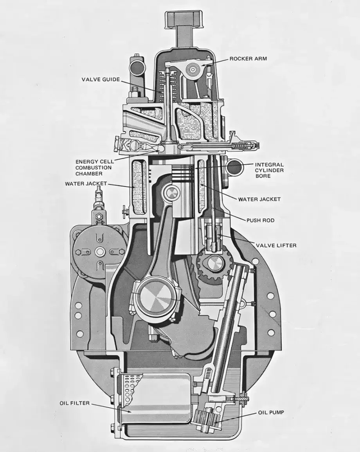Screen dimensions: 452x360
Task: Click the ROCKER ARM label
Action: pos(248,59)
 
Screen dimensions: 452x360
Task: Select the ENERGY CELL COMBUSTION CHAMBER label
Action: pos(94,167)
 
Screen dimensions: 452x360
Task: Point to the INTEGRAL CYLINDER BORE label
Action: pos(270,171)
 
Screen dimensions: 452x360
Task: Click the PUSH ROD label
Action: pos(260,220)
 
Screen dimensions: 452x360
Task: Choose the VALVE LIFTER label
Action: pos(276,245)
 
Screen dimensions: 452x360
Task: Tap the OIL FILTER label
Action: pos(75,403)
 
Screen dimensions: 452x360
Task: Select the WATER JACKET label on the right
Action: pos(259,199)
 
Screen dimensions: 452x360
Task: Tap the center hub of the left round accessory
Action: pos(99,252)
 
